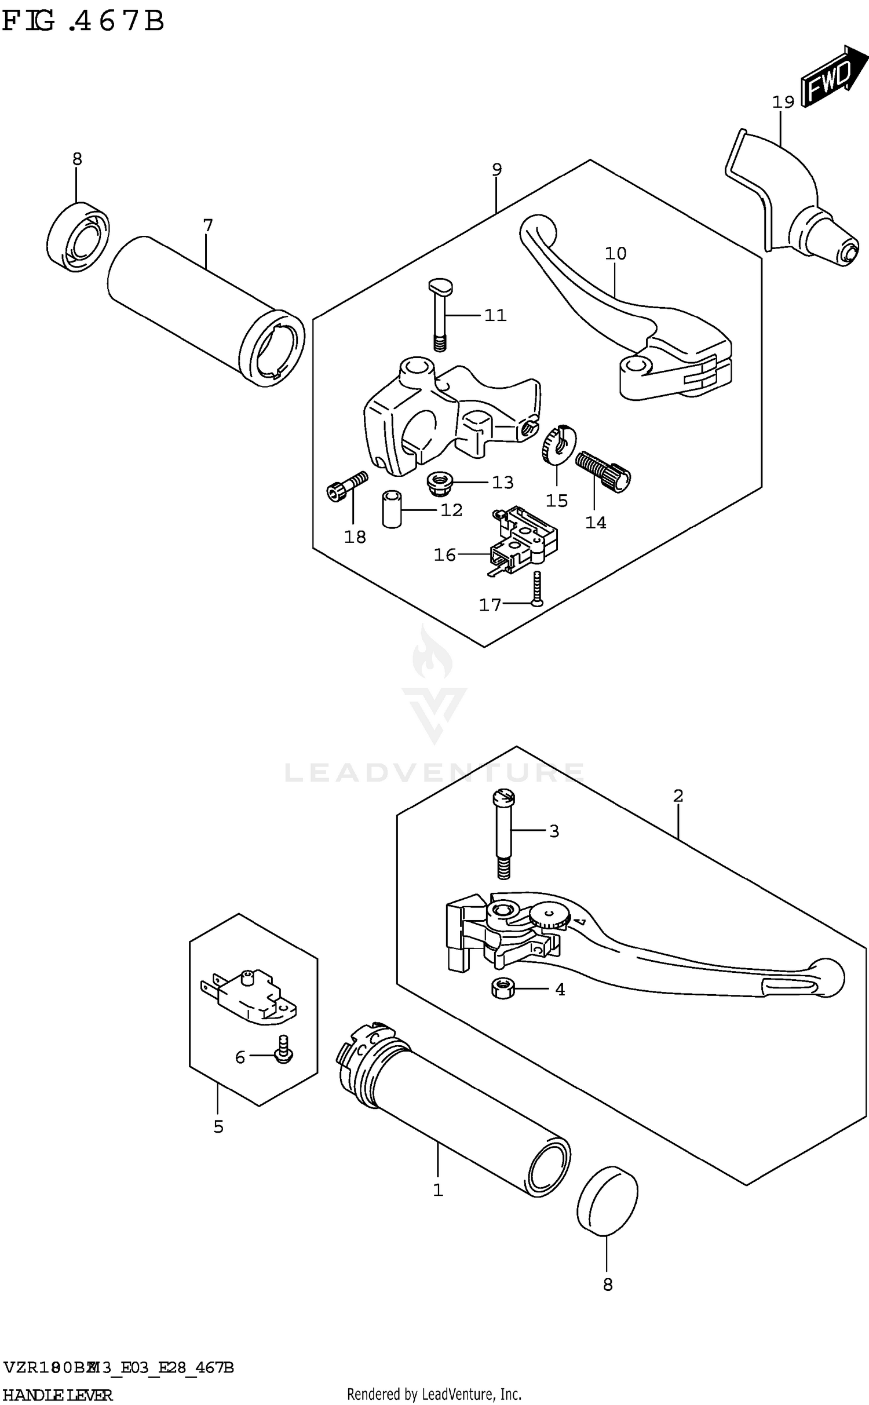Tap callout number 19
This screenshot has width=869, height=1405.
[x=783, y=103]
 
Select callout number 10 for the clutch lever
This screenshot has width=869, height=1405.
[x=615, y=253]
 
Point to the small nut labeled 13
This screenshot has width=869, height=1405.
[x=439, y=483]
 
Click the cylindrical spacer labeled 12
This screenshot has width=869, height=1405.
[x=392, y=509]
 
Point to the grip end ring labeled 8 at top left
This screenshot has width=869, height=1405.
[x=78, y=236]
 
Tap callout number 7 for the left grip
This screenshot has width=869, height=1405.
[x=208, y=225]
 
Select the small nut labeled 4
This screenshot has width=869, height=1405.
[x=502, y=988]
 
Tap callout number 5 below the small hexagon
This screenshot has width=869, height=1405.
[x=218, y=1126]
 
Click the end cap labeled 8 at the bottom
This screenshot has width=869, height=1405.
[x=607, y=1202]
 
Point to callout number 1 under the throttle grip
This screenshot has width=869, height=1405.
[x=438, y=1190]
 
